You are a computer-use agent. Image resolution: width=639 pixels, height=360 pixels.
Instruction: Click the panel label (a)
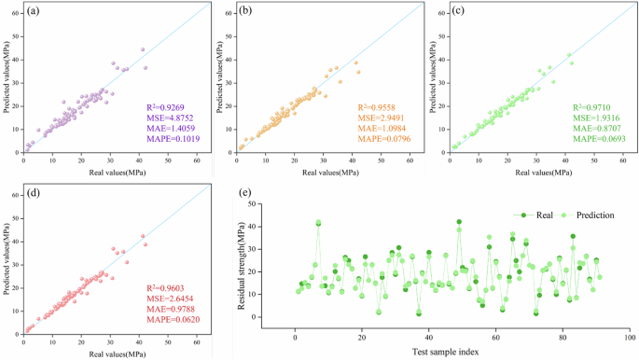pyautogui.click(x=32, y=11)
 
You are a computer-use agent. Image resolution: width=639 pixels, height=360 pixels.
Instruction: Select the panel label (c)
pyautogui.click(x=457, y=11)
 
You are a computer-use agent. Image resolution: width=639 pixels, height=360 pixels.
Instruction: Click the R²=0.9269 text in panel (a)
pyautogui.click(x=167, y=108)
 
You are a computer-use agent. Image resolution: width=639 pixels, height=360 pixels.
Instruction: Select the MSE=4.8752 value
pyautogui.click(x=169, y=118)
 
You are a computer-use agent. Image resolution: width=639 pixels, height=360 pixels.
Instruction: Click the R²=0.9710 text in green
pyautogui.click(x=593, y=108)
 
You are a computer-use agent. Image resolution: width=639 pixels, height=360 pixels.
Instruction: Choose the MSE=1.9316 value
pyautogui.click(x=595, y=118)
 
